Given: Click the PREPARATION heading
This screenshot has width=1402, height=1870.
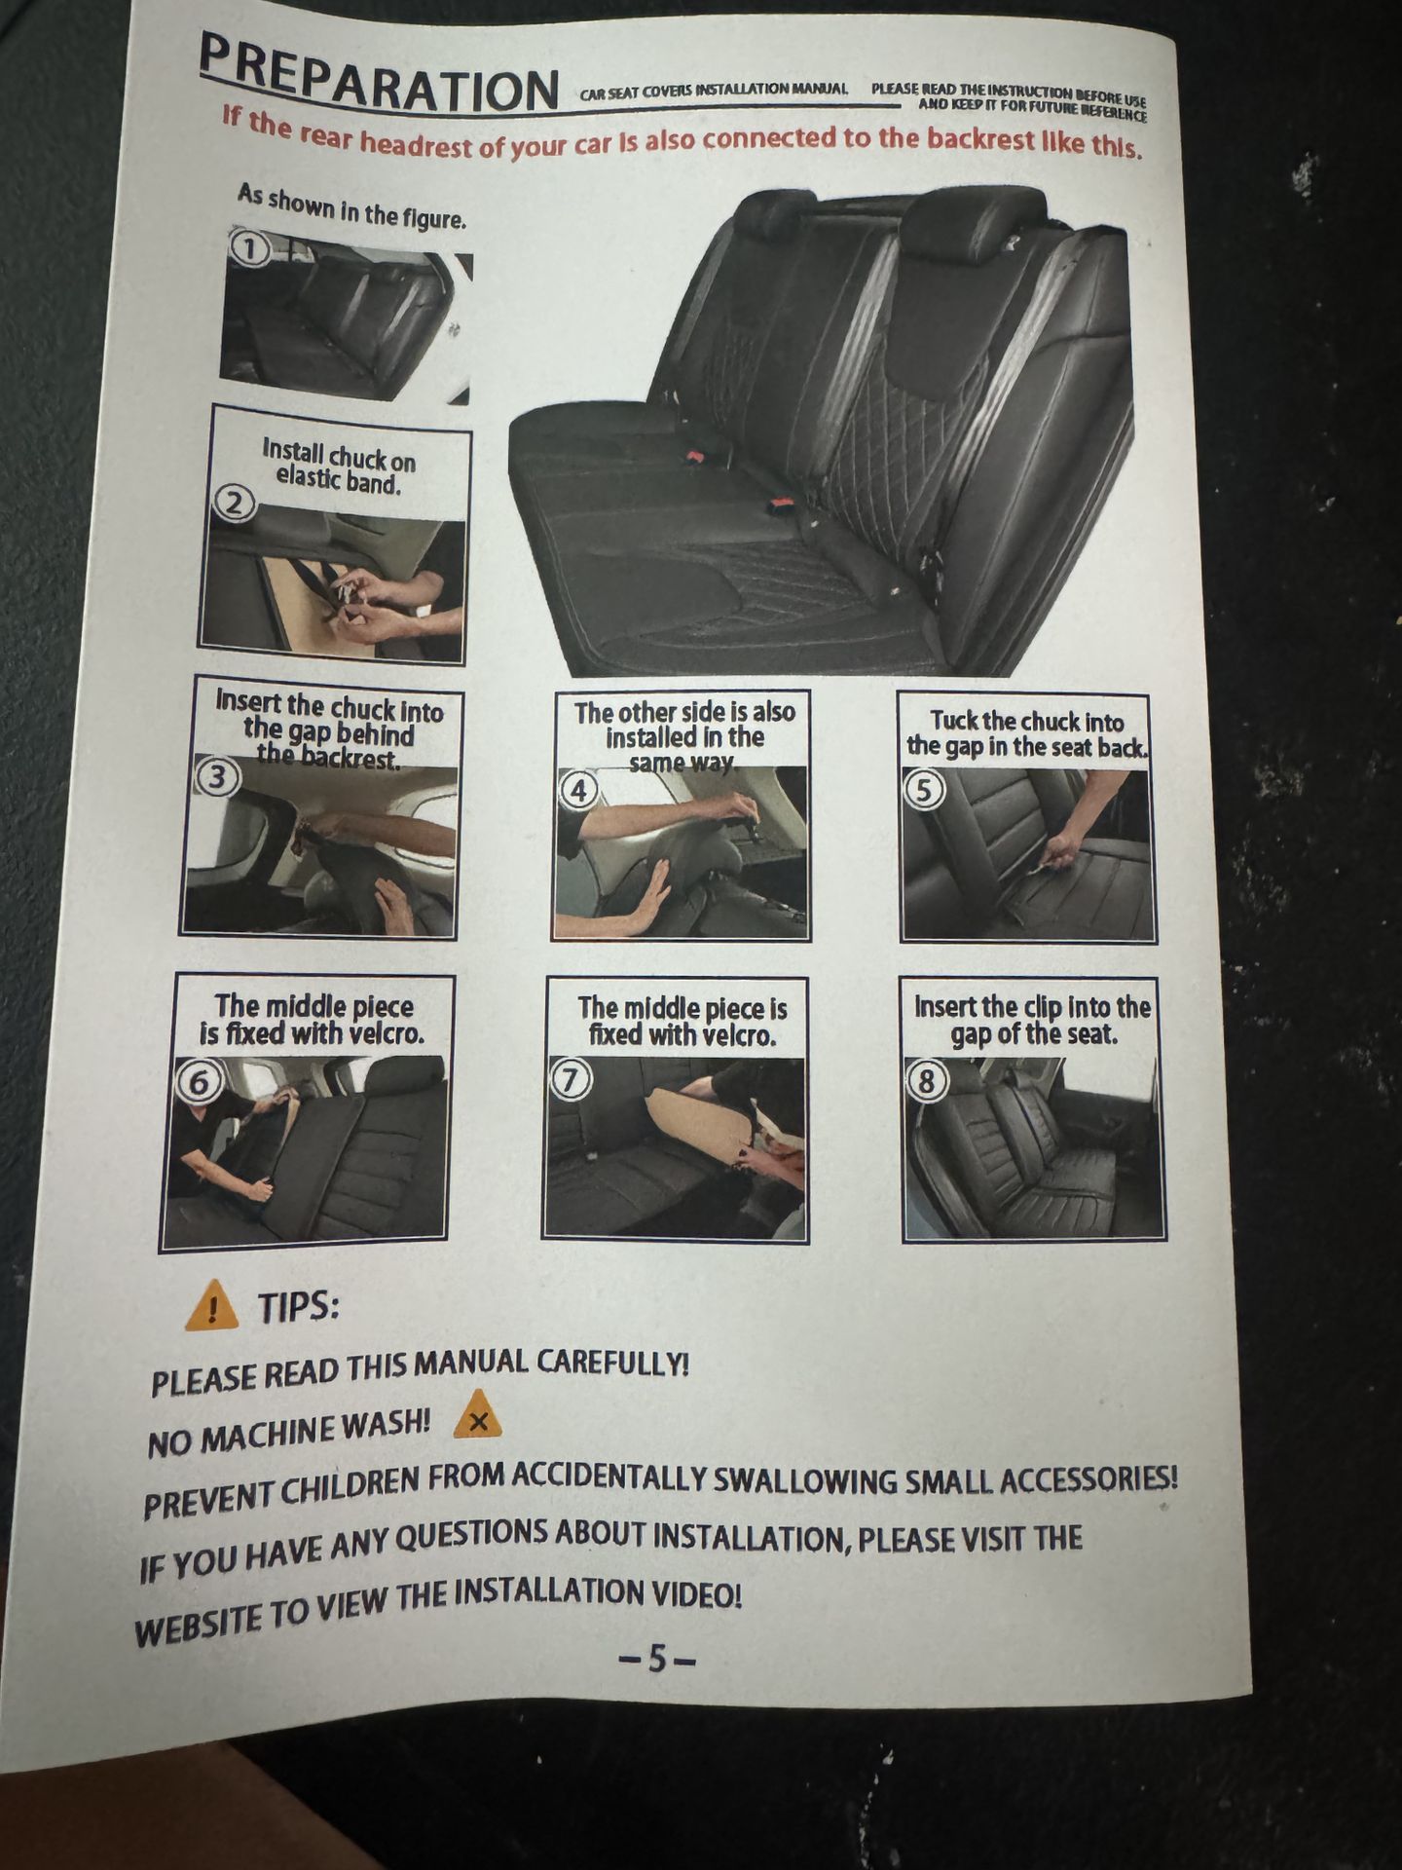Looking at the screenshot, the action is [x=378, y=76].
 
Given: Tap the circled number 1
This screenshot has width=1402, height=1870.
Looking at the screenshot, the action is [x=250, y=249].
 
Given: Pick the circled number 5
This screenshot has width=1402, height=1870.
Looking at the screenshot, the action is [x=924, y=789].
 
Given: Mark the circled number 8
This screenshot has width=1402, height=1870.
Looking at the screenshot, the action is [x=927, y=1079].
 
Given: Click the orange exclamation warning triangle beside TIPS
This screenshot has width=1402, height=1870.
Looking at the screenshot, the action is [x=211, y=1307].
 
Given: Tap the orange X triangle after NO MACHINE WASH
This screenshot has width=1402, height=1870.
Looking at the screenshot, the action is [x=477, y=1417].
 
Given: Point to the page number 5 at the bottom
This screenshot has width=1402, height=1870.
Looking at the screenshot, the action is [x=658, y=1659].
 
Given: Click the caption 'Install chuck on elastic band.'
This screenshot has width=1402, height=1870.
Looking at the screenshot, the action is [x=338, y=467].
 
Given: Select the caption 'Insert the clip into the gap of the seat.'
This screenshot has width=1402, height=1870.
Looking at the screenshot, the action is [x=1032, y=1020].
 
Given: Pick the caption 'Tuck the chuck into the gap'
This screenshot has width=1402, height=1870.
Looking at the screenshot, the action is [x=1027, y=733].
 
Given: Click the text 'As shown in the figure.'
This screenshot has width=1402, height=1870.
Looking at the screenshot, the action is [x=352, y=206].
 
